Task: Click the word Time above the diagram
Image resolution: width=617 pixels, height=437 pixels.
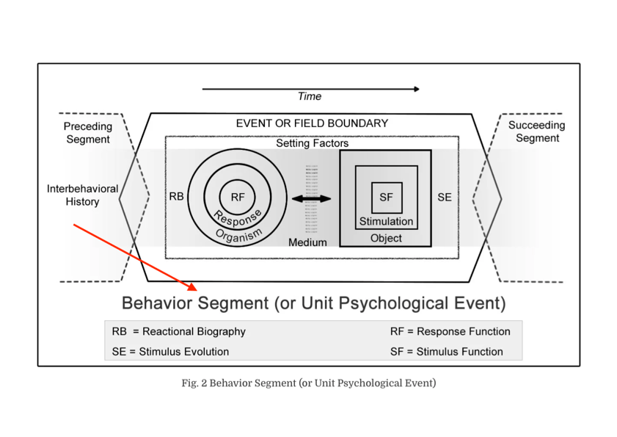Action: [309, 96]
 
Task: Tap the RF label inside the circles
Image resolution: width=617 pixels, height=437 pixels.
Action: [238, 197]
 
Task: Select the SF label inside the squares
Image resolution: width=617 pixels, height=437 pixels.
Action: [387, 197]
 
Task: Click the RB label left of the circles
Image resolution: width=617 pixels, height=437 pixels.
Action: [176, 197]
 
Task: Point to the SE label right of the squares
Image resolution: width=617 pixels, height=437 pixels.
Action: [445, 197]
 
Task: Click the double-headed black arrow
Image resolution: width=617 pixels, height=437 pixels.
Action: [312, 198]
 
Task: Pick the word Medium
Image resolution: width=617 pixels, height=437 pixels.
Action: [307, 242]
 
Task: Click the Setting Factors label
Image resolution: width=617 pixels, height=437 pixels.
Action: [312, 143]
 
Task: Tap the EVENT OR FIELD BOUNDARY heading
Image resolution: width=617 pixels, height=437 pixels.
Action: [312, 123]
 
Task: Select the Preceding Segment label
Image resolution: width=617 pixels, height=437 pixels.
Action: [87, 133]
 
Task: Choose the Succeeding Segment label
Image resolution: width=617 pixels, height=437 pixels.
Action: [536, 131]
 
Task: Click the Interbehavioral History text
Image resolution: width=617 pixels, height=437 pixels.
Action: [82, 195]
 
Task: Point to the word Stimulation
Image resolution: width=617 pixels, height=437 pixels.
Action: [386, 221]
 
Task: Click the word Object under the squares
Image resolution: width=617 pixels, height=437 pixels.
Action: [386, 238]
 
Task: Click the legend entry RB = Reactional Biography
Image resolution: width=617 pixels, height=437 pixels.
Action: [178, 331]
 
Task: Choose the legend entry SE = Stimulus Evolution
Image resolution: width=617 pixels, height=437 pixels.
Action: [170, 352]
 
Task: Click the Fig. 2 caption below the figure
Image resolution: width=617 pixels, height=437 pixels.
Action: [308, 383]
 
